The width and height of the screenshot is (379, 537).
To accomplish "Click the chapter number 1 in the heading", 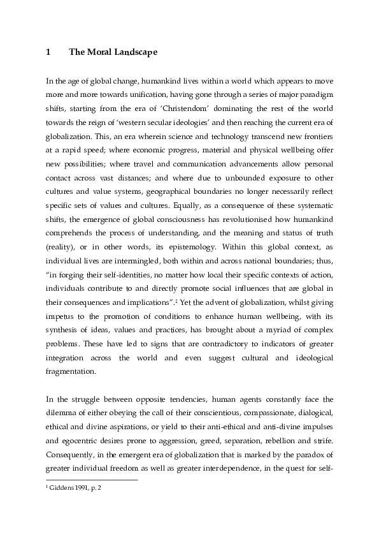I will [x=48, y=53].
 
